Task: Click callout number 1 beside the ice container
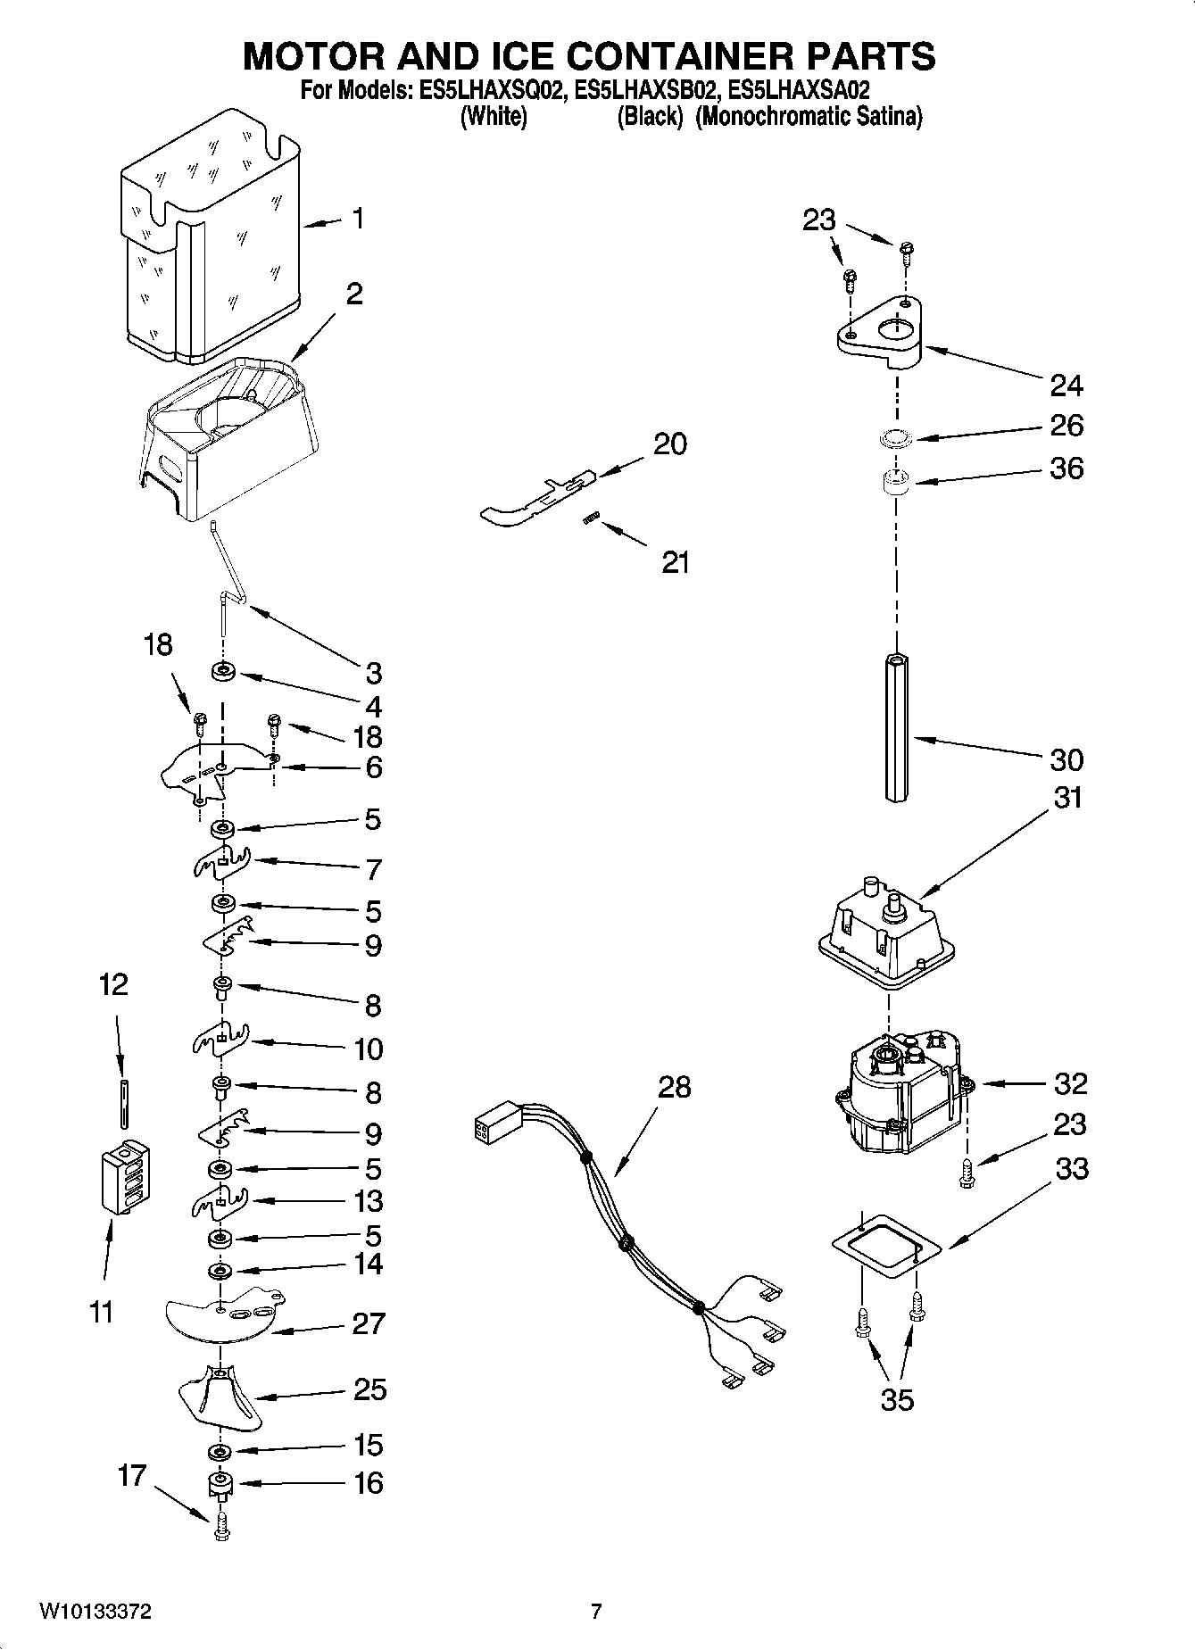[x=357, y=219]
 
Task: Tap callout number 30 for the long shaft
[x=1066, y=760]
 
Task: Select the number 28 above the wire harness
[x=674, y=1088]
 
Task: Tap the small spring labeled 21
[x=590, y=518]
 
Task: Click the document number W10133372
[x=95, y=1612]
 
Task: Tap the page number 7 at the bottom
[x=596, y=1612]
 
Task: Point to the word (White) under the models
[x=493, y=117]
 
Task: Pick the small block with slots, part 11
[x=125, y=1179]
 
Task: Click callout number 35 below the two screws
[x=897, y=1400]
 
